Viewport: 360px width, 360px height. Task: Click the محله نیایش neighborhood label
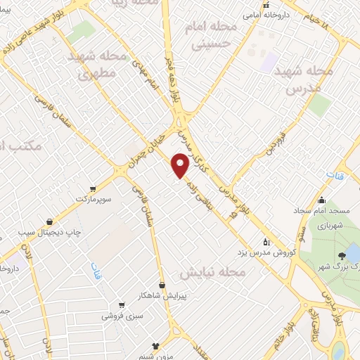pyautogui.click(x=211, y=271)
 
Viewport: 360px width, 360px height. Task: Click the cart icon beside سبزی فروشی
pyautogui.click(x=122, y=304)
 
